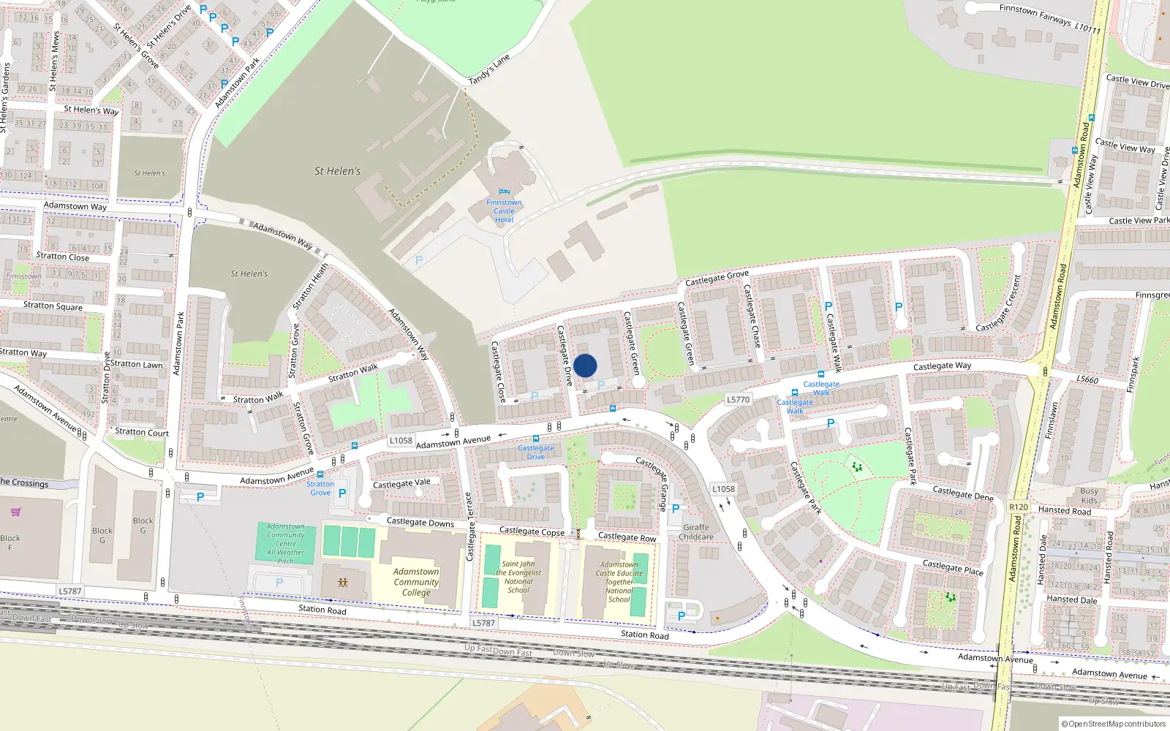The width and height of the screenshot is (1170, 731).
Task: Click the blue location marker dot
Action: [585, 365]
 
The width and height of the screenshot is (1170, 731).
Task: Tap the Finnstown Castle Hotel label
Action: [504, 211]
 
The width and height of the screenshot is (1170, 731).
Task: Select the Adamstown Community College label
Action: [416, 582]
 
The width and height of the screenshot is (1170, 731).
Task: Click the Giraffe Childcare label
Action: [696, 532]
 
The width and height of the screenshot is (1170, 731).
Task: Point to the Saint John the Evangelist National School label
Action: [518, 577]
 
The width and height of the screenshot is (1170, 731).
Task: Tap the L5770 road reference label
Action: [738, 400]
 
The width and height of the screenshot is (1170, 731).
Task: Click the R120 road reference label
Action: [1018, 507]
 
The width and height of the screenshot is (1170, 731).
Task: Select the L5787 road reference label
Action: [70, 591]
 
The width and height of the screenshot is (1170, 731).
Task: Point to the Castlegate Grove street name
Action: [717, 278]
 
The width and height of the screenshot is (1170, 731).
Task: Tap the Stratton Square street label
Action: [53, 306]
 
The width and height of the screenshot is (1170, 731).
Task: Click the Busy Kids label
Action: [1089, 496]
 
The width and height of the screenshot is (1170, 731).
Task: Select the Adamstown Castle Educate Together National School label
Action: [619, 582]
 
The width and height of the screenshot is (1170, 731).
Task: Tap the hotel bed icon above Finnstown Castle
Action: [504, 192]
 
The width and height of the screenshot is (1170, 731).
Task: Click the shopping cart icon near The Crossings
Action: [16, 512]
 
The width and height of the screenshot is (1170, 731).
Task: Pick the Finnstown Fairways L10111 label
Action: [1049, 18]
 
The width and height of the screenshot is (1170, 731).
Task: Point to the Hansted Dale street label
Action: [1071, 599]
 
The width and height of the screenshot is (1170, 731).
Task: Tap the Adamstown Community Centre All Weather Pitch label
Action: [286, 544]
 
